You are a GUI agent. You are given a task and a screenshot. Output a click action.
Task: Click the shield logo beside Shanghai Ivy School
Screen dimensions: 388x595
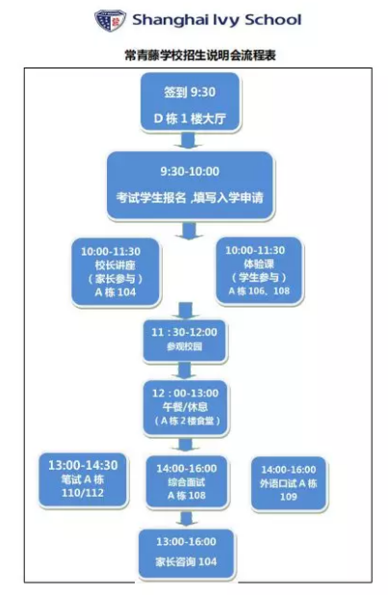pyautogui.click(x=110, y=20)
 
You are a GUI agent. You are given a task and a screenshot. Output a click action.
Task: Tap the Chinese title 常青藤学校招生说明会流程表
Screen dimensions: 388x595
pyautogui.click(x=200, y=55)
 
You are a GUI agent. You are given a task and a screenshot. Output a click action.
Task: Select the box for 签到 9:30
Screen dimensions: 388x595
pyautogui.click(x=190, y=102)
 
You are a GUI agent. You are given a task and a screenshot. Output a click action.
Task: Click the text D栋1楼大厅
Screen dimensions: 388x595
pyautogui.click(x=190, y=119)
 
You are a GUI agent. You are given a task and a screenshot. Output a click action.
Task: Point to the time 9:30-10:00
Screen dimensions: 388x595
pyautogui.click(x=190, y=171)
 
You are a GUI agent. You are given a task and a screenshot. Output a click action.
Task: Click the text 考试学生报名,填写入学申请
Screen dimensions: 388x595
pyautogui.click(x=190, y=198)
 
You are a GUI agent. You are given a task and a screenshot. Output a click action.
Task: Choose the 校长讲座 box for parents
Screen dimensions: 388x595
pyautogui.click(x=116, y=272)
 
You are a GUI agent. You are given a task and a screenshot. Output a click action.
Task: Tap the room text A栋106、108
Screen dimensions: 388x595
pyautogui.click(x=259, y=291)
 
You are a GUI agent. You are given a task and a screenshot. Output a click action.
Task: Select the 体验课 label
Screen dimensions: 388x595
pyautogui.click(x=259, y=263)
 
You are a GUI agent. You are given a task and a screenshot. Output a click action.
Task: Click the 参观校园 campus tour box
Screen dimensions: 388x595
pyautogui.click(x=185, y=340)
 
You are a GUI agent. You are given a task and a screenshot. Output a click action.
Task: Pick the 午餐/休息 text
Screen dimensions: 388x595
pyautogui.click(x=185, y=407)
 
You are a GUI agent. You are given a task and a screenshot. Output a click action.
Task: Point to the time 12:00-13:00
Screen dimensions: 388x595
pyautogui.click(x=185, y=393)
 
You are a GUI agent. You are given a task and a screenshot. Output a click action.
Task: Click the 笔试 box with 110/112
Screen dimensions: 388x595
pyautogui.click(x=83, y=479)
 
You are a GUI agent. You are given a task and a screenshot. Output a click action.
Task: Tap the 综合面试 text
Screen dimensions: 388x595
pyautogui.click(x=187, y=482)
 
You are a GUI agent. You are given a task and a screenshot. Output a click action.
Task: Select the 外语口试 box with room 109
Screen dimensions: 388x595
pyautogui.click(x=289, y=483)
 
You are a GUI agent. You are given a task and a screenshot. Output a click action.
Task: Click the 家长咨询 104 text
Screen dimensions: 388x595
pyautogui.click(x=186, y=561)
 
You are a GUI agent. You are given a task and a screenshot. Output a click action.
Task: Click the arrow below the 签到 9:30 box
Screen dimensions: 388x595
pyautogui.click(x=189, y=141)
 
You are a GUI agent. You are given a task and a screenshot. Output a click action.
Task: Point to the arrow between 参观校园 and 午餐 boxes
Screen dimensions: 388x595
pyautogui.click(x=185, y=370)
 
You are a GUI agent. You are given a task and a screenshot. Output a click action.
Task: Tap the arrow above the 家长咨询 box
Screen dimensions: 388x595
pyautogui.click(x=186, y=519)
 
